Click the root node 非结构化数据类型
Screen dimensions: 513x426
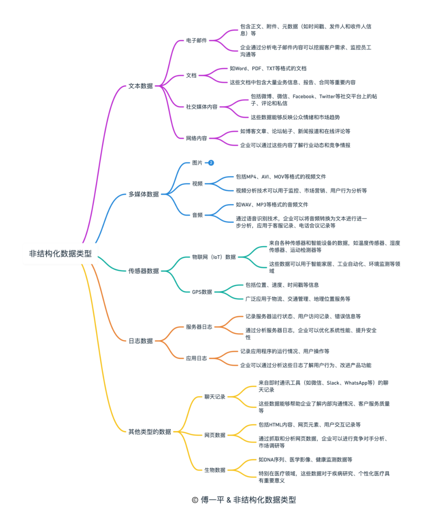(60, 254)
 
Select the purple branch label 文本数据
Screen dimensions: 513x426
(140, 86)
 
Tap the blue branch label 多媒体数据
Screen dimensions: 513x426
(144, 194)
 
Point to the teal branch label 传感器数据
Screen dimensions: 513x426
(144, 271)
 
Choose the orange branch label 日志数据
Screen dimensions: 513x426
(140, 341)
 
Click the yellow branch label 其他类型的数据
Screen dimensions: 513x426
(149, 432)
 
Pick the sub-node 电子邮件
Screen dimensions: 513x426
(196, 41)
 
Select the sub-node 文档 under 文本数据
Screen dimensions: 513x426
(191, 75)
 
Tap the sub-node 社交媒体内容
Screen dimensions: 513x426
(201, 107)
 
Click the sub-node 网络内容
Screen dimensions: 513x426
(196, 138)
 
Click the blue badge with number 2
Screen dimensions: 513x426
(211, 163)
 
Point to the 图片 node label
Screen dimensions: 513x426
(197, 163)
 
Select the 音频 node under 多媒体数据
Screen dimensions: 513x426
(197, 215)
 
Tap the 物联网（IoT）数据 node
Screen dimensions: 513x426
(214, 257)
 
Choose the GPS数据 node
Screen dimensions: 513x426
(202, 292)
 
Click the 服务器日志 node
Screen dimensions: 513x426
(199, 327)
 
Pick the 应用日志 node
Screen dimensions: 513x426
(196, 358)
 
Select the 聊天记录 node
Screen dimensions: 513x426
(215, 397)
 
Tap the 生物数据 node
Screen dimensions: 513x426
(215, 470)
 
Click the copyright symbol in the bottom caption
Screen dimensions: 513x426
(195, 500)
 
